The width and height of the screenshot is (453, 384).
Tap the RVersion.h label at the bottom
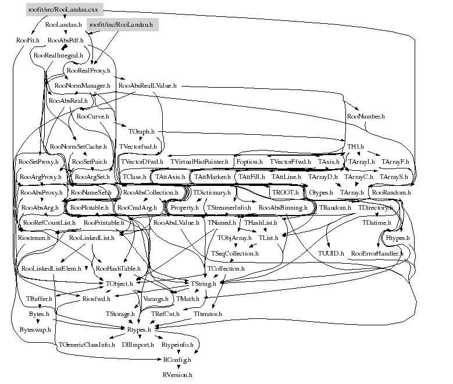pos(177,375)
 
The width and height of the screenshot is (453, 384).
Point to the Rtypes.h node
pos(139,329)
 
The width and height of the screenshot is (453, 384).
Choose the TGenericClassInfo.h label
pos(86,344)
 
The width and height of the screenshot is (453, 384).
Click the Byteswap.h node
pos(35,329)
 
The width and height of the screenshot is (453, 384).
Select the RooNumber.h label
pos(365,116)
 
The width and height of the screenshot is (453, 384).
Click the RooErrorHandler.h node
pos(375,254)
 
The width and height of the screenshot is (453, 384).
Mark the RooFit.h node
pos(27,40)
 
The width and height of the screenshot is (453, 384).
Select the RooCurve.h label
pos(93,116)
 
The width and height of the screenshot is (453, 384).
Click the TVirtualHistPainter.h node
pos(199,161)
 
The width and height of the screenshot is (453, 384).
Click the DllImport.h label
pos(138,344)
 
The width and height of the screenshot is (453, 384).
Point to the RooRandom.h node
pos(391,192)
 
